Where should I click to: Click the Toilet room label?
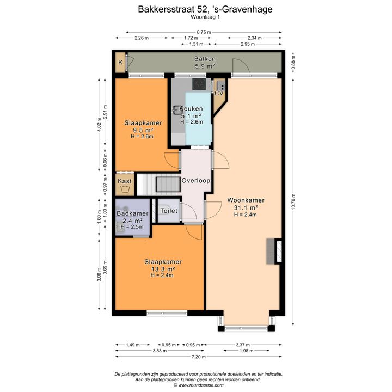pyautogui.click(x=169, y=211)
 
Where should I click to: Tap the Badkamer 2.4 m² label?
pyautogui.click(x=132, y=217)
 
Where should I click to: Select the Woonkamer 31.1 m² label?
pyautogui.click(x=246, y=204)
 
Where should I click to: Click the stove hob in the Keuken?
pyautogui.click(x=199, y=84)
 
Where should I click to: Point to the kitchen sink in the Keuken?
pyautogui.click(x=177, y=109)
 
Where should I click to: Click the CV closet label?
pyautogui.click(x=219, y=93)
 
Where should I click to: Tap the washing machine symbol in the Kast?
pyautogui.click(x=125, y=189)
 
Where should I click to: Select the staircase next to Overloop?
pyautogui.click(x=158, y=185)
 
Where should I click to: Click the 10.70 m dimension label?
pyautogui.click(x=293, y=201)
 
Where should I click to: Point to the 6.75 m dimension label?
pyautogui.click(x=204, y=32)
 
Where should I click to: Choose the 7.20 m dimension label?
pyautogui.click(x=199, y=357)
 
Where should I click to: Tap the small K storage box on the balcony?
pyautogui.click(x=120, y=63)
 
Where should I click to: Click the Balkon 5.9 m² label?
pyautogui.click(x=205, y=63)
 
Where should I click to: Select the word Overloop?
pyautogui.click(x=196, y=181)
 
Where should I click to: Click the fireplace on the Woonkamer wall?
pyautogui.click(x=274, y=251)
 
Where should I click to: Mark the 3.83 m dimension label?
pyautogui.click(x=160, y=351)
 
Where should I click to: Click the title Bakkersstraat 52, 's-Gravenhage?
pyautogui.click(x=205, y=9)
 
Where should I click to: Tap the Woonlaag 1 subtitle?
pyautogui.click(x=205, y=17)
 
